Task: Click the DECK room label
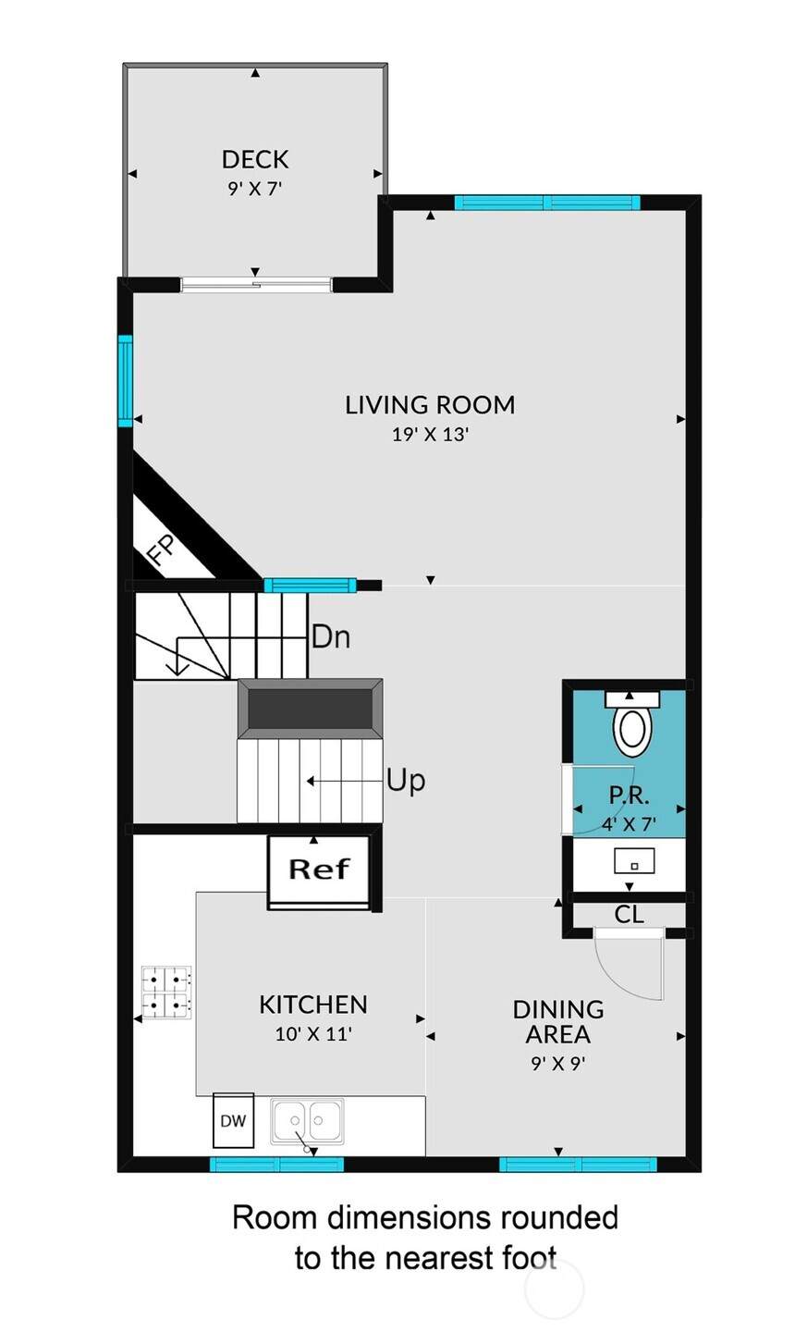pyautogui.click(x=255, y=159)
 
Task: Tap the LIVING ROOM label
pyautogui.click(x=430, y=405)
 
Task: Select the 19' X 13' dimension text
pyautogui.click(x=430, y=434)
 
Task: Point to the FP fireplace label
pyautogui.click(x=161, y=550)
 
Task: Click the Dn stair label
pyautogui.click(x=331, y=636)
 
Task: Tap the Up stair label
pyautogui.click(x=406, y=780)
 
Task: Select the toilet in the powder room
pyautogui.click(x=632, y=723)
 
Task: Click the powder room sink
pyautogui.click(x=634, y=861)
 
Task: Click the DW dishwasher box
pyautogui.click(x=234, y=1121)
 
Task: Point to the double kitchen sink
pyautogui.click(x=307, y=1121)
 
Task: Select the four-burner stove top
pyautogui.click(x=166, y=993)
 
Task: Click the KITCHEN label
pyautogui.click(x=313, y=1005)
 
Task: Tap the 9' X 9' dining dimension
pyautogui.click(x=558, y=1063)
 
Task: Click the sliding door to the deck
pyautogui.click(x=255, y=286)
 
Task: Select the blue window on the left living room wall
pyautogui.click(x=125, y=381)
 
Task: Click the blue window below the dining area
pyautogui.click(x=578, y=1165)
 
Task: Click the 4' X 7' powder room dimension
pyautogui.click(x=629, y=824)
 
